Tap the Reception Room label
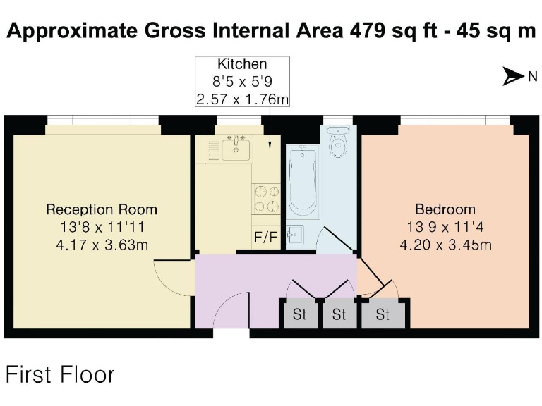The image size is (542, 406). point(102,209)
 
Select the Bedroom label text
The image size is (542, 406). point(445,209)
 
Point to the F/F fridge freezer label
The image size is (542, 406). point(265,238)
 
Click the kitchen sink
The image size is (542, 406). point(235,149)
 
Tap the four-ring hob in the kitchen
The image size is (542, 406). point(265,198)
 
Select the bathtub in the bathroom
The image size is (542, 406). point(304,182)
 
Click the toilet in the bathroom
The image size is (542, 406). point(338,145)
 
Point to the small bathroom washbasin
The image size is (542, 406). point(295,235)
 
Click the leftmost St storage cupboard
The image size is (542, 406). point(299,314)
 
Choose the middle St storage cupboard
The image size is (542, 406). point(339,314)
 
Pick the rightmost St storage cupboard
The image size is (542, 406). point(383,314)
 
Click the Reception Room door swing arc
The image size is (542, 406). point(169,276)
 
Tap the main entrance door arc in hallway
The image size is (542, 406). point(230,310)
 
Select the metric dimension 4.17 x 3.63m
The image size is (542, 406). point(102,245)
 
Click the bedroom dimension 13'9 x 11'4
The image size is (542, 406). point(445,227)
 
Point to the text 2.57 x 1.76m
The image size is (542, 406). point(242,99)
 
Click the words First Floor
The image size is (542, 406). point(60,374)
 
